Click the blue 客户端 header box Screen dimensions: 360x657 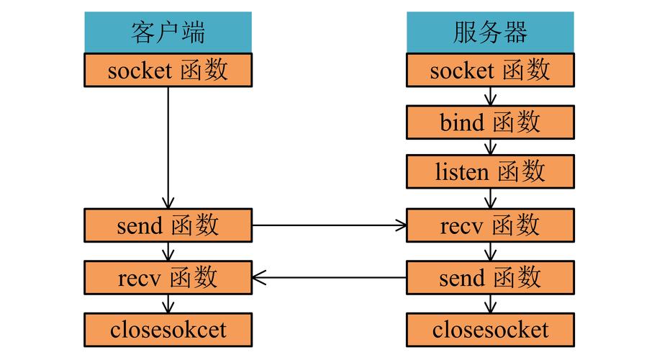(168, 32)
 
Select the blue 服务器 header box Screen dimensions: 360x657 (490, 32)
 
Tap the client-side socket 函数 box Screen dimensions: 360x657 (168, 71)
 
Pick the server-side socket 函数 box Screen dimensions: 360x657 (490, 71)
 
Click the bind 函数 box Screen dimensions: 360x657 (490, 122)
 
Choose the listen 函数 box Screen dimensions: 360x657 (490, 172)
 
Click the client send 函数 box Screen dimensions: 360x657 (168, 225)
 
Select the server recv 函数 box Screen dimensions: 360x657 (490, 225)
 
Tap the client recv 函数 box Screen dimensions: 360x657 (168, 276)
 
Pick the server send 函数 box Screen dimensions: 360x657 (490, 276)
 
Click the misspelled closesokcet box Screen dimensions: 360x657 (168, 330)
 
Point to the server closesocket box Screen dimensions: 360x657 (490, 330)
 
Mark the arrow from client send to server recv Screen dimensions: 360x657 (329, 225)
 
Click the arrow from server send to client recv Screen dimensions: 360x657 (329, 276)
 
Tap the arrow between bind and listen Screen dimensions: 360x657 (490, 147)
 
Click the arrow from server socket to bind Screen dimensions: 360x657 (490, 96)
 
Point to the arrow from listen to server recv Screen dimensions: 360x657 (490, 198)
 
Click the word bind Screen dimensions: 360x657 (461, 123)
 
